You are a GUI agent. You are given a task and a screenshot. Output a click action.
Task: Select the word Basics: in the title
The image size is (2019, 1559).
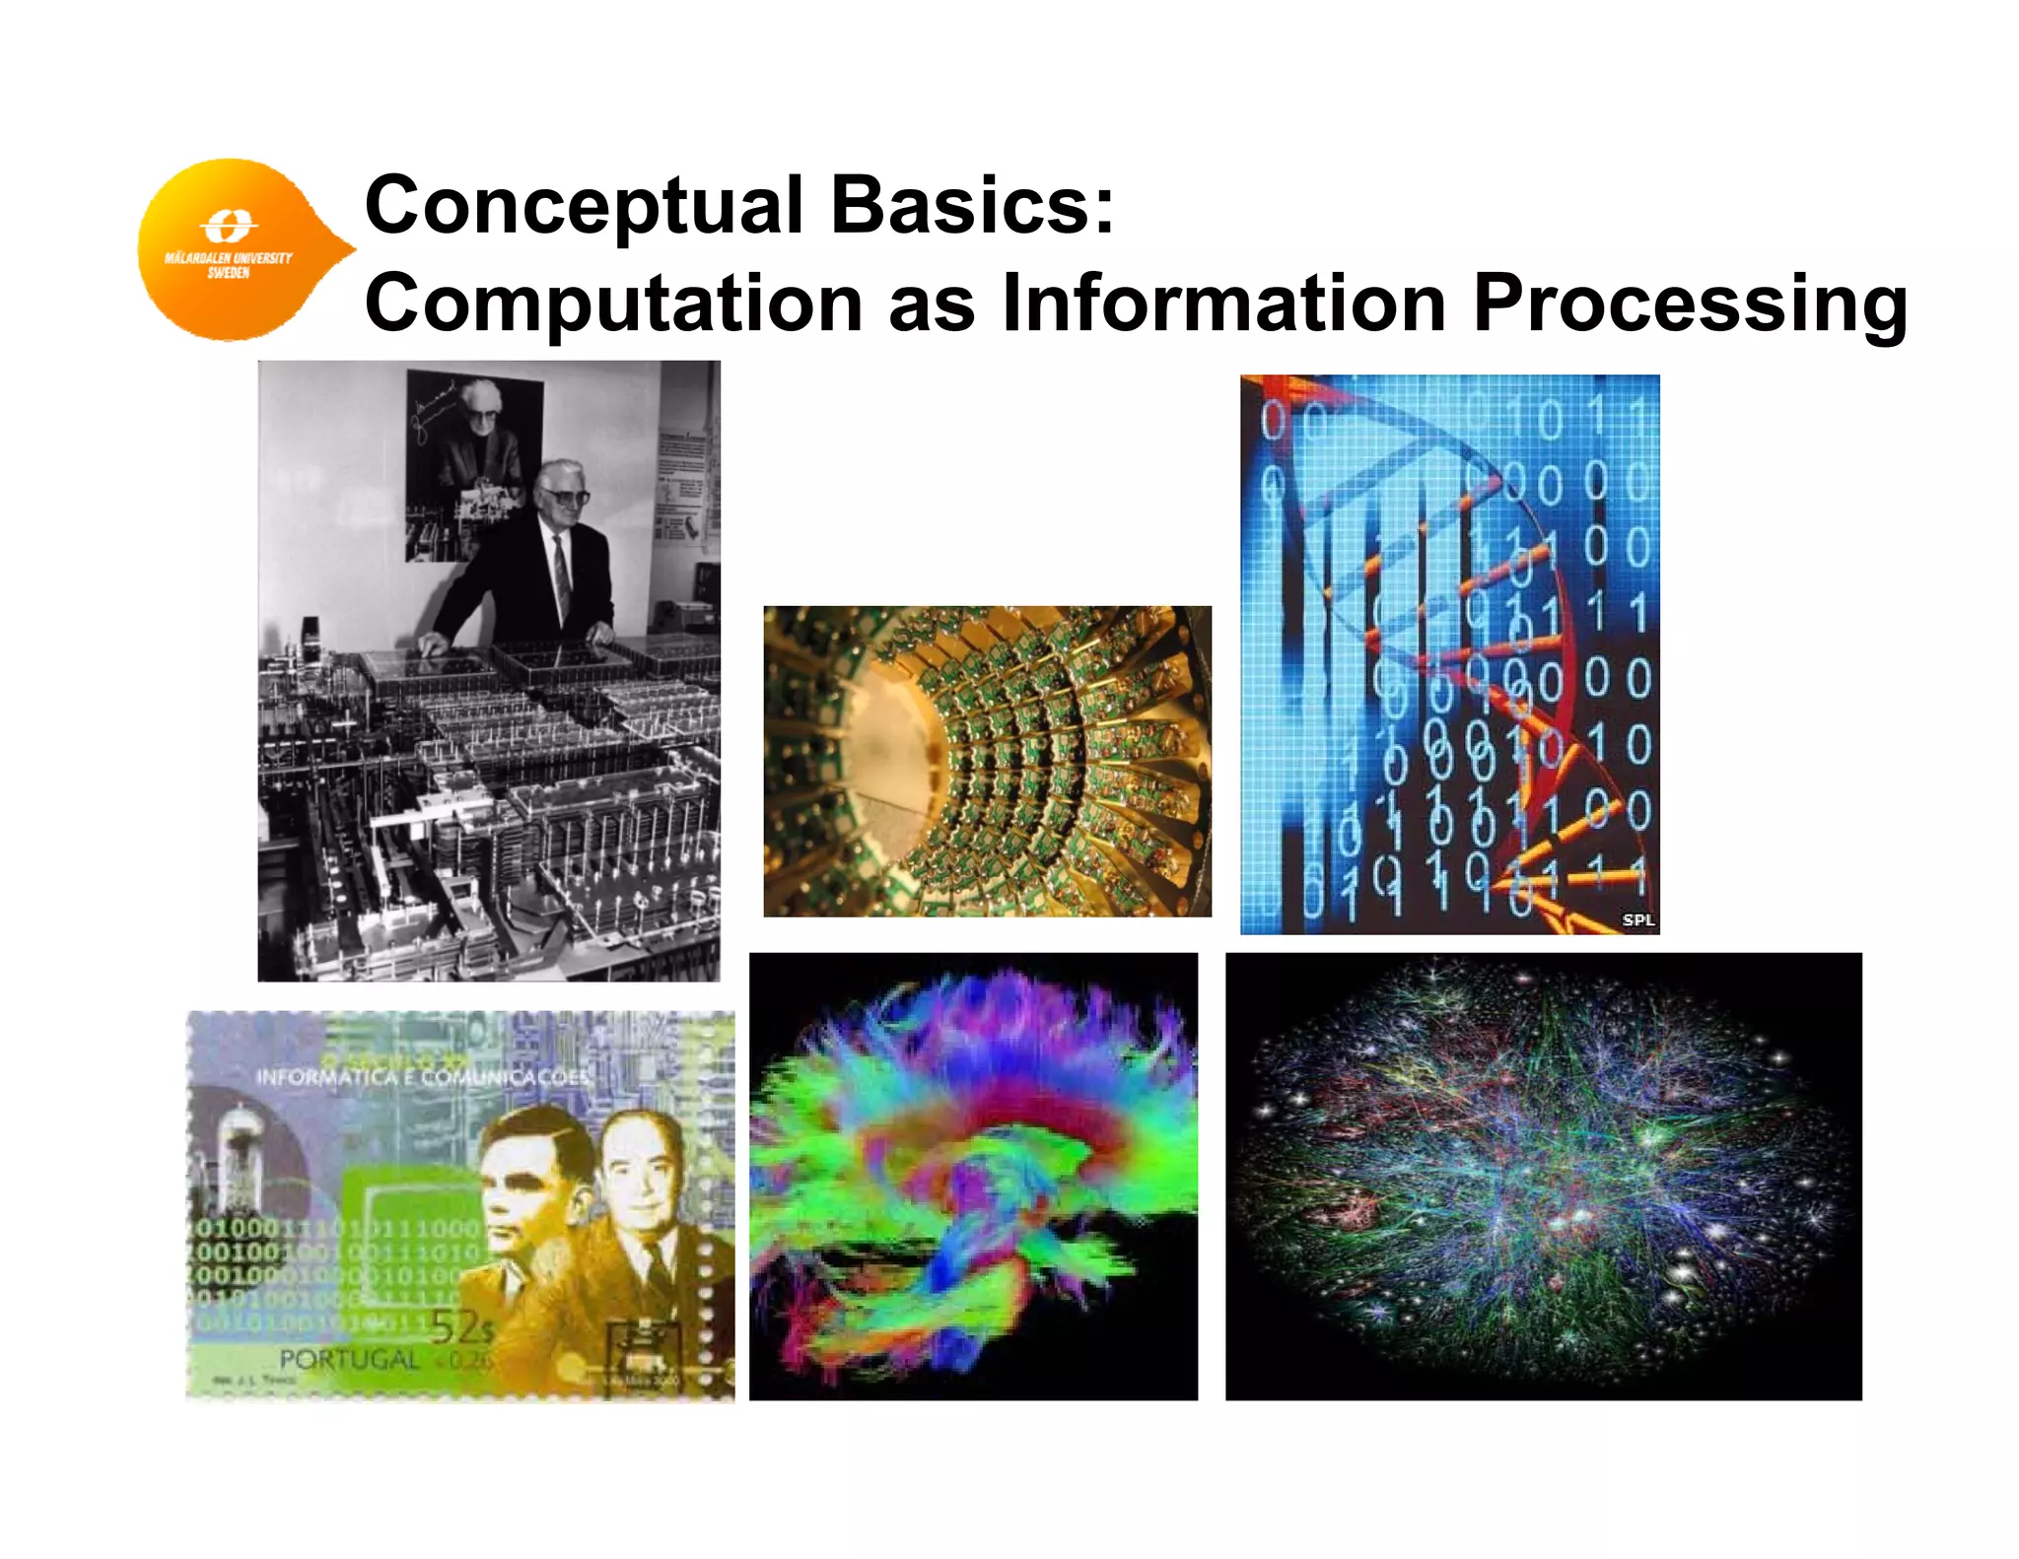click(972, 205)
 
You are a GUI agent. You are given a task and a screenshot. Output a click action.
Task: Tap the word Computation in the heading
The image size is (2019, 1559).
click(613, 304)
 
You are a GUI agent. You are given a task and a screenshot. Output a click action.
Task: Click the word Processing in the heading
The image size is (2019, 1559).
click(1690, 304)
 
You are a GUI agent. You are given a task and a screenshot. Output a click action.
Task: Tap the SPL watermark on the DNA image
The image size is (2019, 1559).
click(1637, 919)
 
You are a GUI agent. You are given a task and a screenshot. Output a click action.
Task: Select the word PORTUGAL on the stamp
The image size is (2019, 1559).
click(349, 1359)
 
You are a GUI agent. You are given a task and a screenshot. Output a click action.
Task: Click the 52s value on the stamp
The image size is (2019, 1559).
click(461, 1327)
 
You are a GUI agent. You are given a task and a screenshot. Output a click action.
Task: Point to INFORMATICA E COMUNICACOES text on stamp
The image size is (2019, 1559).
click(422, 1076)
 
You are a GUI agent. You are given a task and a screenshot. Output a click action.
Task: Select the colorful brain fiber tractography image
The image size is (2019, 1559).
click(973, 1176)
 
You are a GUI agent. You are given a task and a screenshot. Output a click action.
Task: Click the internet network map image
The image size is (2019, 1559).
click(1543, 1176)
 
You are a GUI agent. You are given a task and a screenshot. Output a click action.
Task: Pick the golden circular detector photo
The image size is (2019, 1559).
click(987, 761)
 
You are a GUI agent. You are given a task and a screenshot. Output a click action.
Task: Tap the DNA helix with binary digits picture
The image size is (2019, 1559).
click(1449, 654)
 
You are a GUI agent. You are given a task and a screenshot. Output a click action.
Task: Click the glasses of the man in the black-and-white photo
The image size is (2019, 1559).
click(566, 496)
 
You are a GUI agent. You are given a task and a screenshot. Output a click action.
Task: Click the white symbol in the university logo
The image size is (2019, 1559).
click(228, 226)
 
